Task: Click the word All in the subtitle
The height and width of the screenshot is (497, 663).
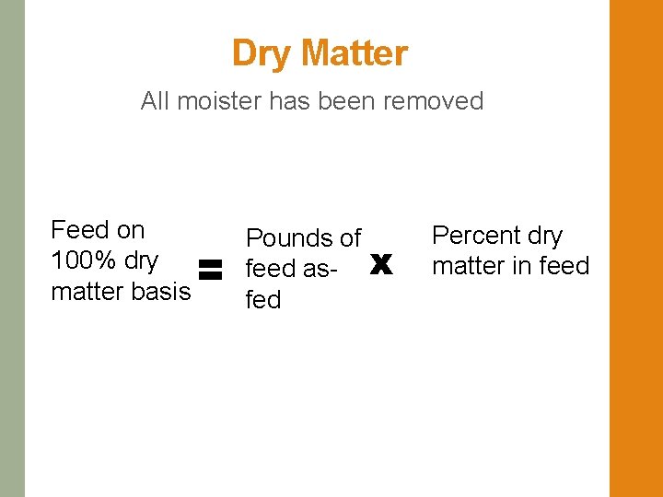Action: pos(155,100)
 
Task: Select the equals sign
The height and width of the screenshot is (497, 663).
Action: pos(211,270)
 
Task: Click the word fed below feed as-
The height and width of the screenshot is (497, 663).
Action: pos(262,300)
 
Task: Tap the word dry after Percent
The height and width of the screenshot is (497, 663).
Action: pos(545,237)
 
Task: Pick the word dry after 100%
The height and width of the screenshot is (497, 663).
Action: pos(141,260)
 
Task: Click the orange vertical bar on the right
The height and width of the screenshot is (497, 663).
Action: pos(635,248)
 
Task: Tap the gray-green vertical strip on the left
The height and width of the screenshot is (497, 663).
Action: pos(12,248)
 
